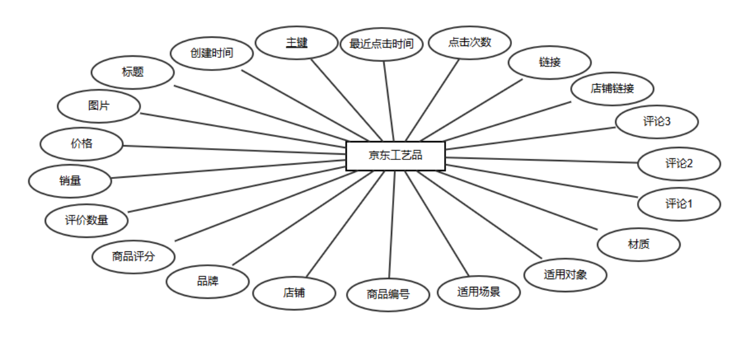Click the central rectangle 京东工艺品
[x=395, y=156]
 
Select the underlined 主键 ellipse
[x=297, y=43]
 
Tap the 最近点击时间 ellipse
[x=382, y=44]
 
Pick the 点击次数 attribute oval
[x=470, y=42]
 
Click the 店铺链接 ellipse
[x=612, y=89]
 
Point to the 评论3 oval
[x=656, y=122]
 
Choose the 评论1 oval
[x=679, y=204]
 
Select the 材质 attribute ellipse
[x=639, y=244]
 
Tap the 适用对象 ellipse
[x=565, y=274]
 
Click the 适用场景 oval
[x=478, y=292]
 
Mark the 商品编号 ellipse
[x=388, y=294]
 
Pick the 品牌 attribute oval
[x=208, y=281]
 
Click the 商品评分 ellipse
[x=134, y=257]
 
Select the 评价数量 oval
[x=87, y=221]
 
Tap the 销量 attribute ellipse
[x=70, y=181]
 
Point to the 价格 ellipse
[x=81, y=143]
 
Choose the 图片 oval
[x=99, y=106]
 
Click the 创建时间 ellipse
[x=212, y=53]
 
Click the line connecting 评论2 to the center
[x=543, y=160]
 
